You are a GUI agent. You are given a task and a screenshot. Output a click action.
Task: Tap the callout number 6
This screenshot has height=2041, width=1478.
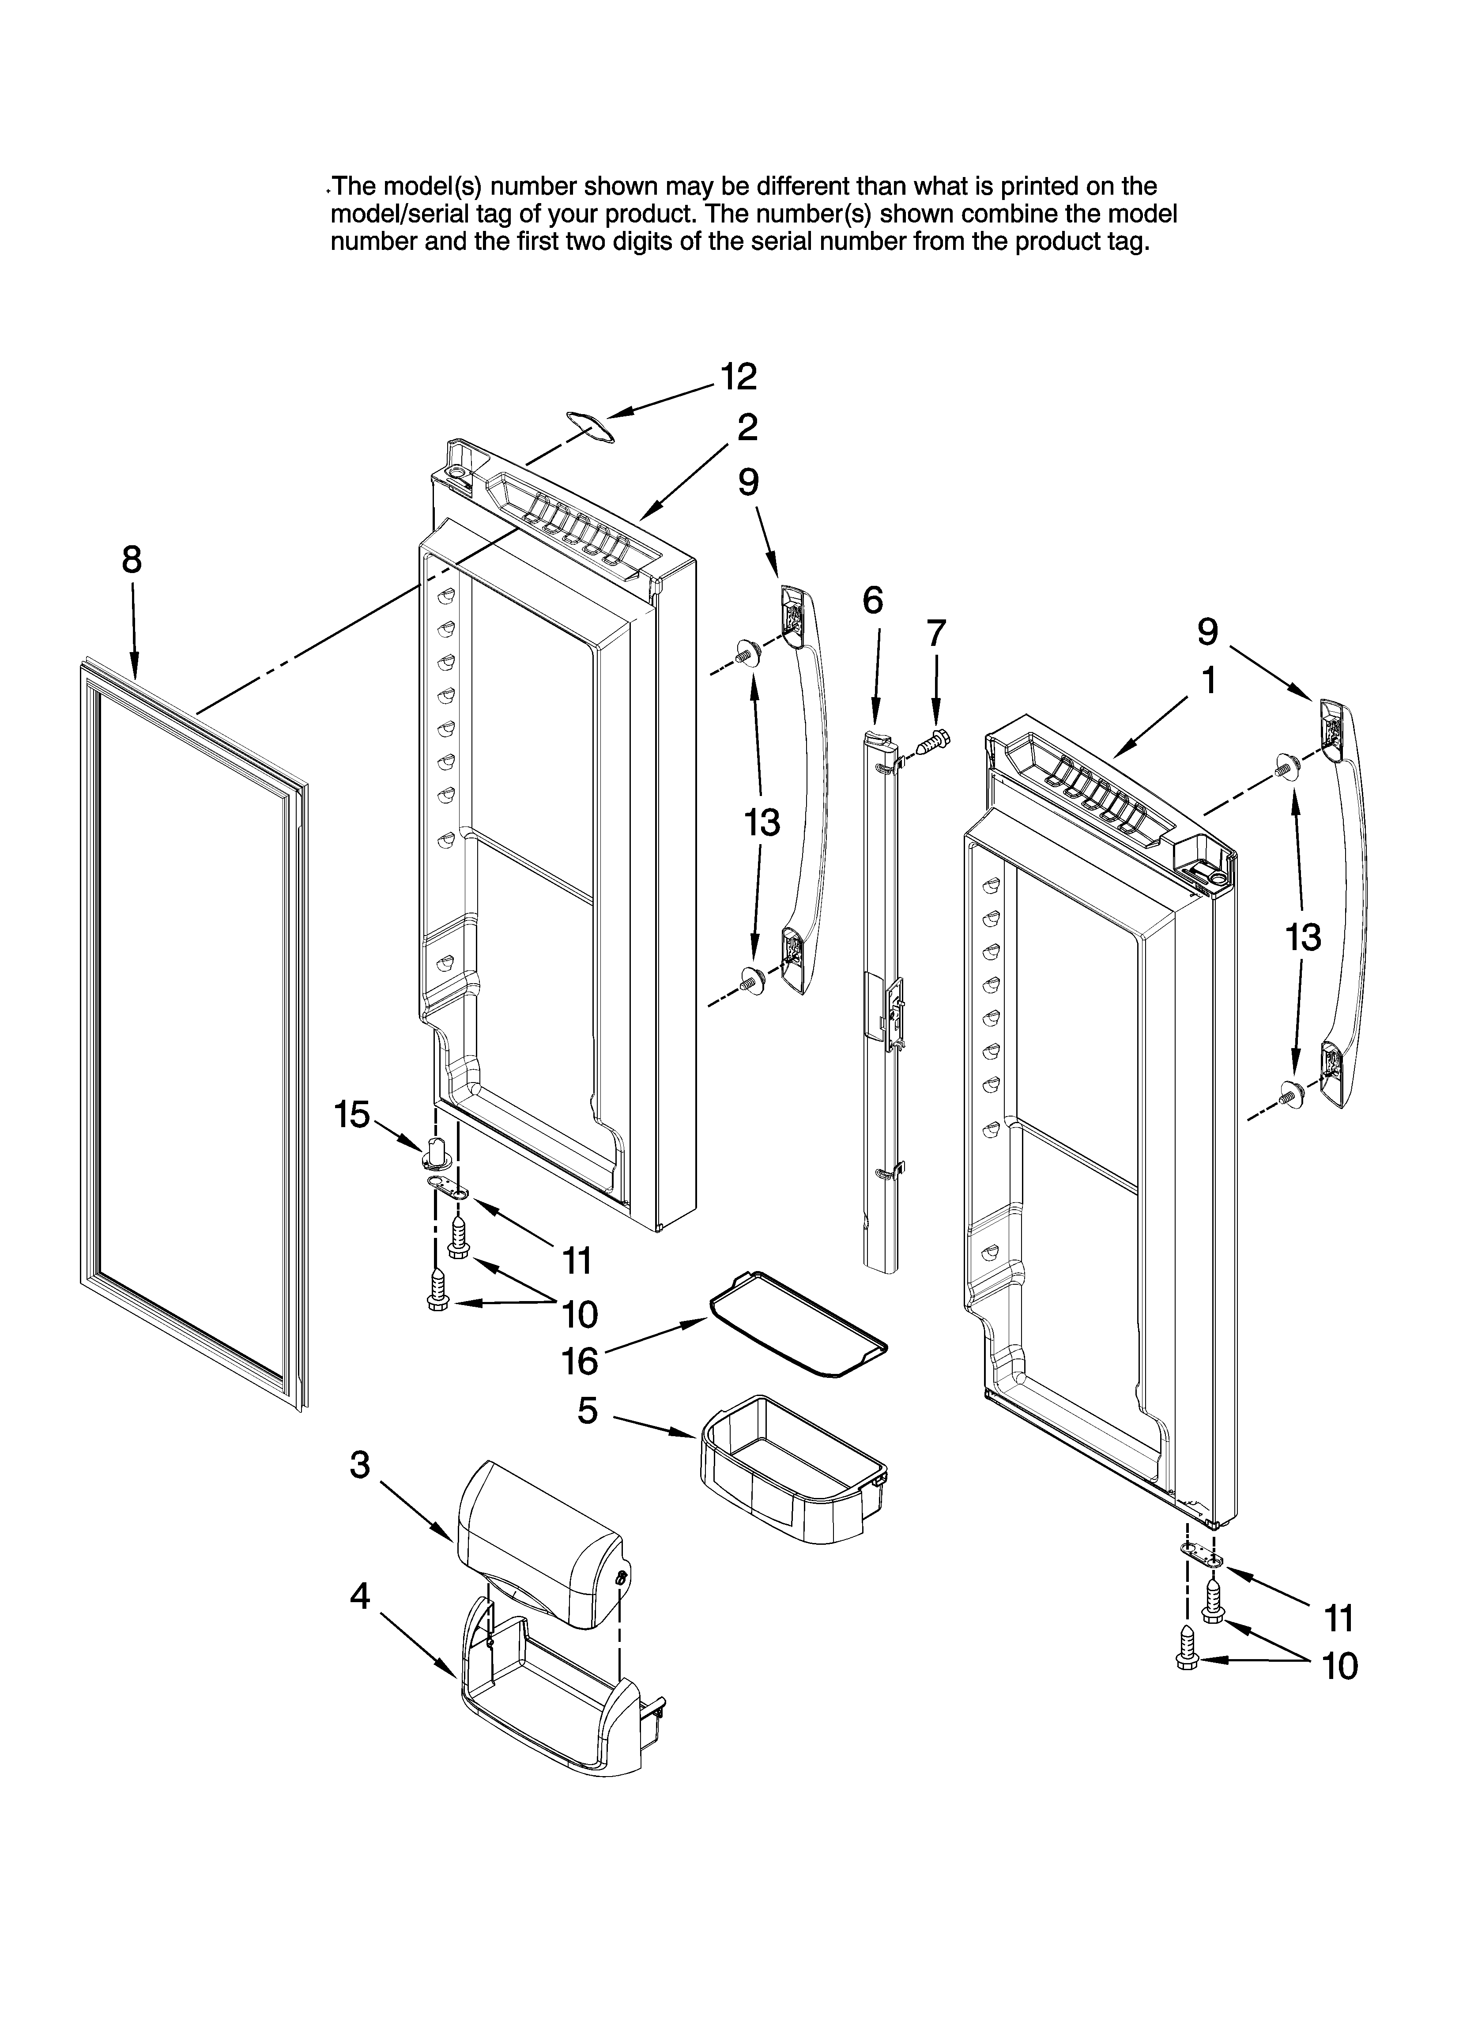[x=872, y=600]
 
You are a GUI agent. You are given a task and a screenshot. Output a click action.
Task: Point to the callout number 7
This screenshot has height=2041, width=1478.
[x=936, y=634]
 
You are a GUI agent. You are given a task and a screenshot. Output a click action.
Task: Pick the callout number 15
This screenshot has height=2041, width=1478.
[x=352, y=1115]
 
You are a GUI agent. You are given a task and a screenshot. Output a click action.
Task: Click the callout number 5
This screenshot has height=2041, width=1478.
[x=587, y=1410]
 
